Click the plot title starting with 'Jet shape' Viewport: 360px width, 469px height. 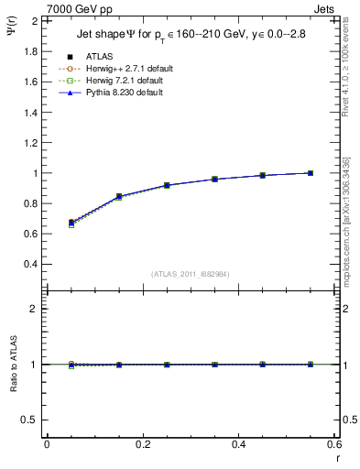pyautogui.click(x=193, y=36)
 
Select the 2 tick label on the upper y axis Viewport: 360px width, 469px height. pyautogui.click(x=36, y=21)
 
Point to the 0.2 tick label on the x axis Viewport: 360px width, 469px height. pyautogui.click(x=142, y=444)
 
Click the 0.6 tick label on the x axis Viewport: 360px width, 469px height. pyautogui.click(x=334, y=444)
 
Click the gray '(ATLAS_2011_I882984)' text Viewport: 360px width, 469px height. pyautogui.click(x=191, y=274)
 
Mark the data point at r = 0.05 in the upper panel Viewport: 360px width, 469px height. pyautogui.click(x=71, y=223)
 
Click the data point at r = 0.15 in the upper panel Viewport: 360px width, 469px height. pyautogui.click(x=119, y=196)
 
